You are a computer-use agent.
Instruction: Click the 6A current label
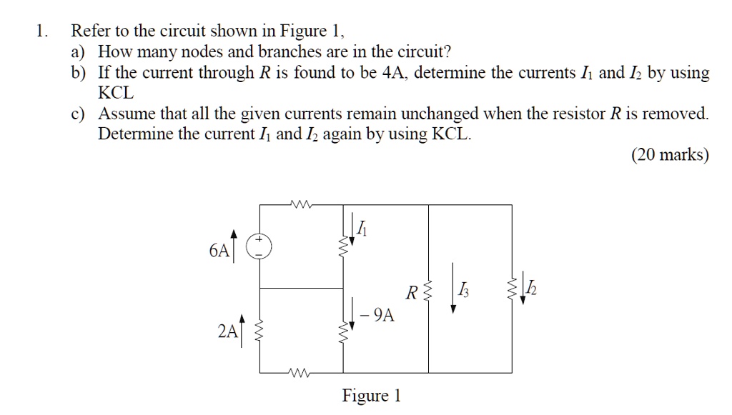[219, 251]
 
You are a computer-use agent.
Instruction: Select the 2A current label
[228, 331]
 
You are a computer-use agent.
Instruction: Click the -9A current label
[378, 314]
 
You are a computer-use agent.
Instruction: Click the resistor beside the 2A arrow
[260, 331]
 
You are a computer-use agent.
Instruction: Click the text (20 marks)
[670, 155]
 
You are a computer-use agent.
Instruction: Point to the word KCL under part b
[115, 93]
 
